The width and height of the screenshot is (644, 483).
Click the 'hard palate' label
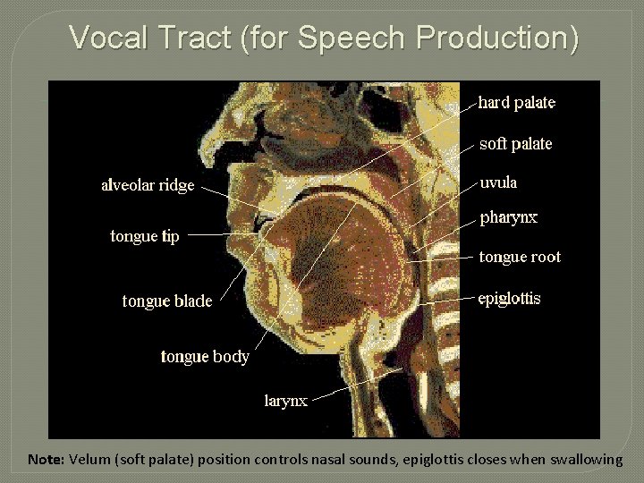point(516,103)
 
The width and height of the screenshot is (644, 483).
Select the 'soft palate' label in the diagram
point(515,144)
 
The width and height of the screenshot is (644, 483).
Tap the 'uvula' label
point(498,182)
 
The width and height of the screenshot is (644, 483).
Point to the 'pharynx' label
point(509,217)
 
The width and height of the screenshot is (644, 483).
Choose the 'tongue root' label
point(520,257)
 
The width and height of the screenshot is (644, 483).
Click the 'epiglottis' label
point(509,298)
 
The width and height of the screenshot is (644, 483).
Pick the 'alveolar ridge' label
point(148,186)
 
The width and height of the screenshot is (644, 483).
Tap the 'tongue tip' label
point(145,236)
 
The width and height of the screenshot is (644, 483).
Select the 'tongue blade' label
point(167,301)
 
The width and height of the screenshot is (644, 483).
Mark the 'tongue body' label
point(205,357)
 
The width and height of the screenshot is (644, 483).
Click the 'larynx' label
point(286,401)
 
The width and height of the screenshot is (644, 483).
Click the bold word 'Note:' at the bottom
point(46,460)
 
